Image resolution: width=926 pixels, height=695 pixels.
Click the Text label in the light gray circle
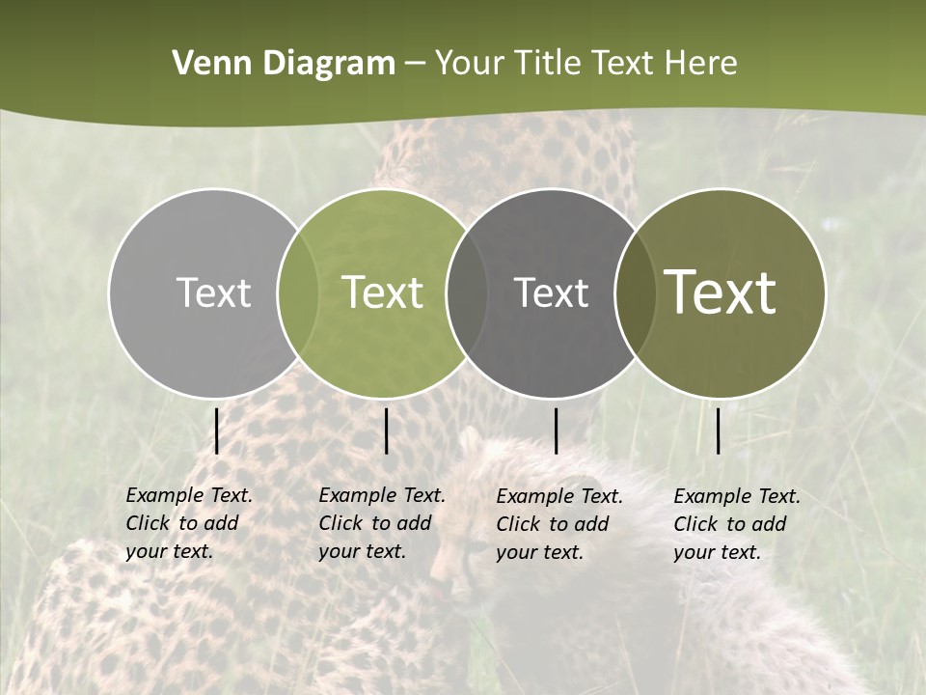click(x=213, y=292)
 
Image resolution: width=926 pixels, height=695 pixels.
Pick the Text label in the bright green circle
click(x=383, y=292)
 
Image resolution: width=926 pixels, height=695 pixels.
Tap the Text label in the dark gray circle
click(x=551, y=292)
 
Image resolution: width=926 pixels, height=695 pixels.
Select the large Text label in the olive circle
click(x=721, y=292)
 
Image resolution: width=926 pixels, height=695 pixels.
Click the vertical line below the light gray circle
click(x=216, y=431)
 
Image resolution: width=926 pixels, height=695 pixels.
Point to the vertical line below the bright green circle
click(x=386, y=431)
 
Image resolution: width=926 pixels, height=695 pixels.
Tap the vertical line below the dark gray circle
click(x=556, y=431)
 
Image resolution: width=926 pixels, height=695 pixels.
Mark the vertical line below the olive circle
click(x=718, y=431)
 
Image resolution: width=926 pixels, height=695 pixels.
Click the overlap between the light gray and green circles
click(x=298, y=293)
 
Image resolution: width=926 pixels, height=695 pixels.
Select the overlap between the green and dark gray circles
click(x=465, y=293)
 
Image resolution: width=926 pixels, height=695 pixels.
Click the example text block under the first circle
click(x=188, y=523)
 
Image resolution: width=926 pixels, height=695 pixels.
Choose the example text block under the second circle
click(x=381, y=523)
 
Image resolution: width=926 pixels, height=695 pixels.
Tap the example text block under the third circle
click(x=558, y=524)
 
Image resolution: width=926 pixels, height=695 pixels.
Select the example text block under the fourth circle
click(x=736, y=524)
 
